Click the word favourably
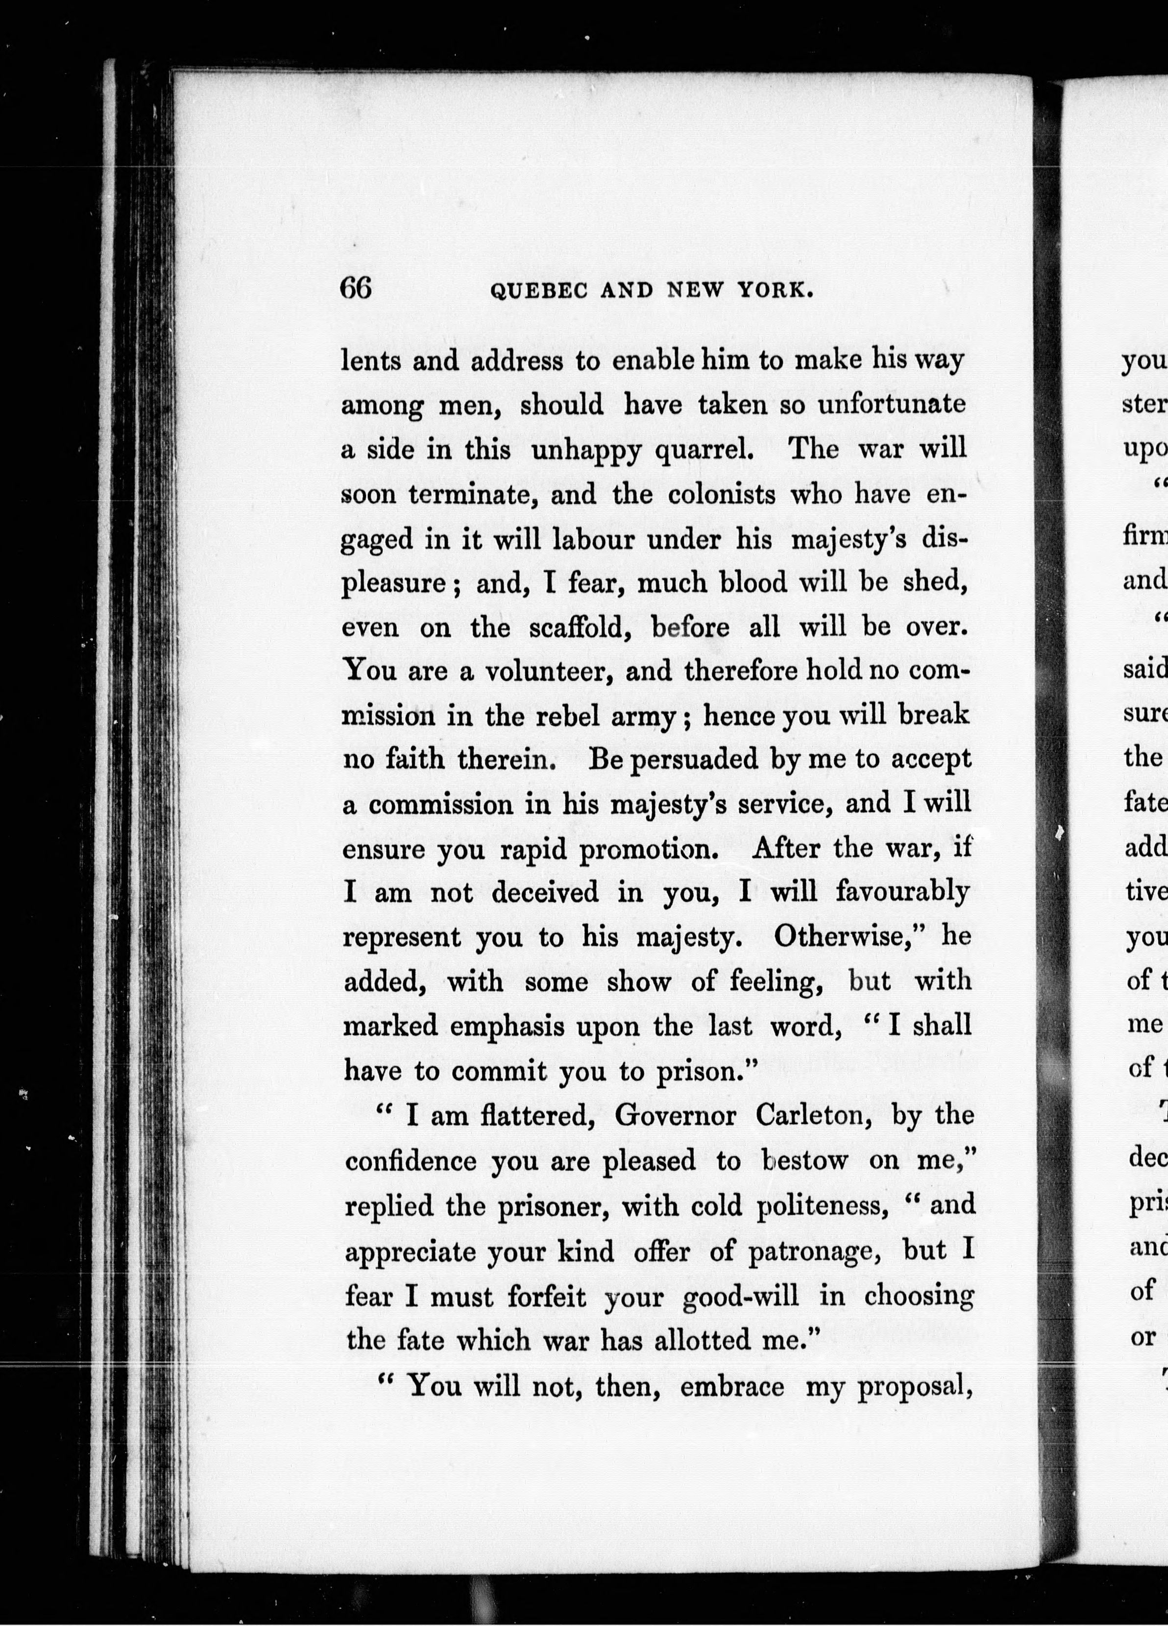tap(903, 893)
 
